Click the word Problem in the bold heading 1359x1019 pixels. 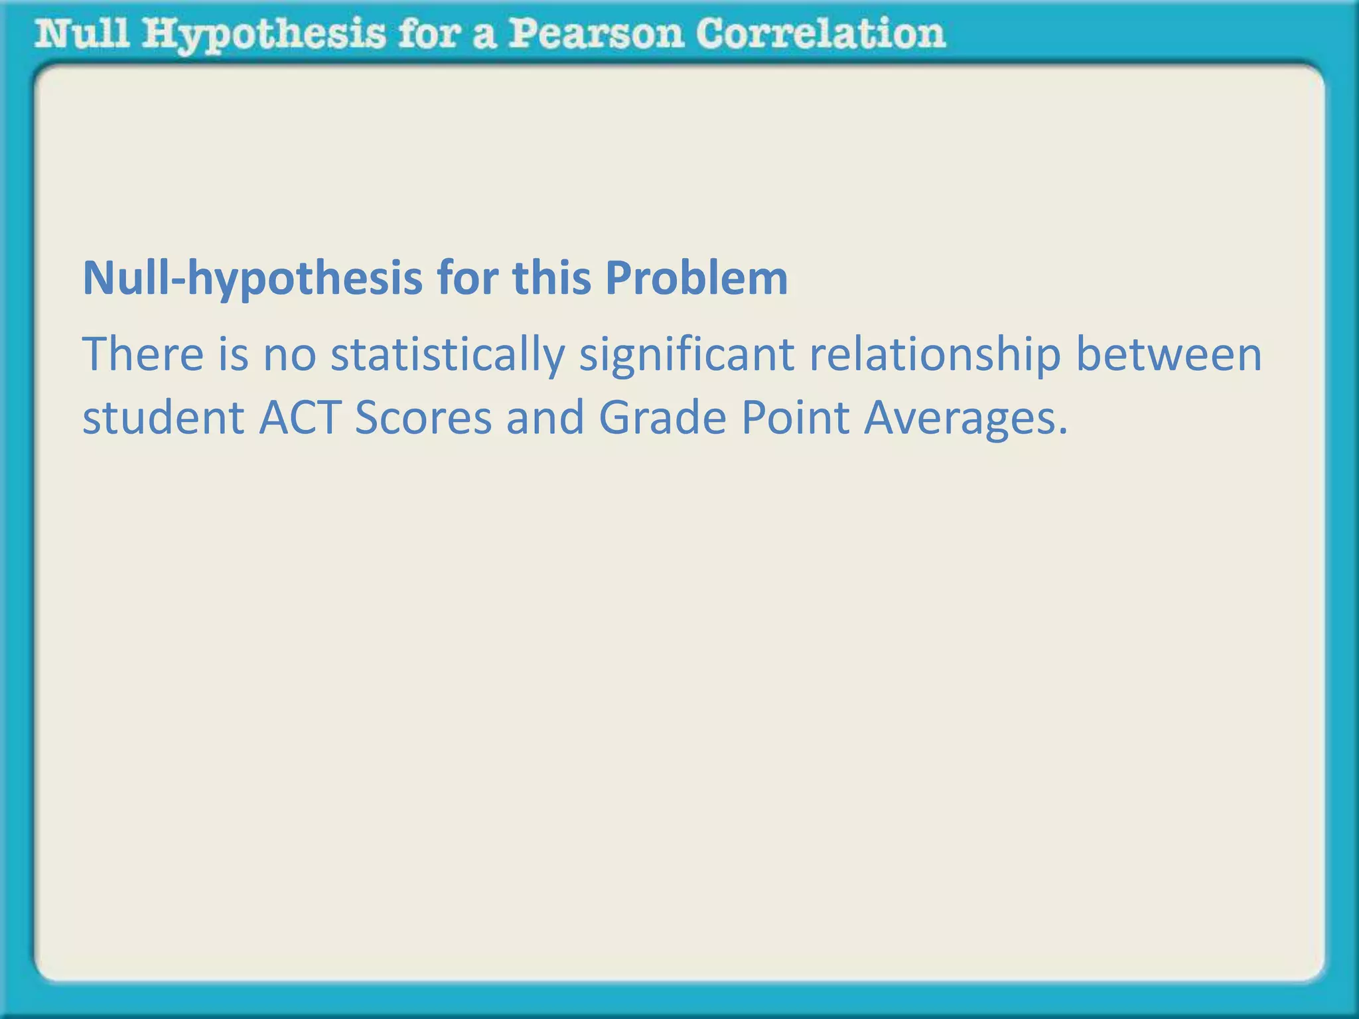pyautogui.click(x=696, y=278)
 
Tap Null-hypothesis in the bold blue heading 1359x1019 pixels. pyautogui.click(x=252, y=279)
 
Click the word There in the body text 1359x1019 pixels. pyautogui.click(x=143, y=354)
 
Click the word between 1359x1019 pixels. pyautogui.click(x=1169, y=354)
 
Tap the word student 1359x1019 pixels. pyautogui.click(x=163, y=419)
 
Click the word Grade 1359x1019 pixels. pyautogui.click(x=662, y=419)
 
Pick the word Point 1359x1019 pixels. pyautogui.click(x=795, y=419)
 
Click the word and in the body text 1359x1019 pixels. pyautogui.click(x=545, y=419)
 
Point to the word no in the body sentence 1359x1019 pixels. pyautogui.click(x=289, y=356)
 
